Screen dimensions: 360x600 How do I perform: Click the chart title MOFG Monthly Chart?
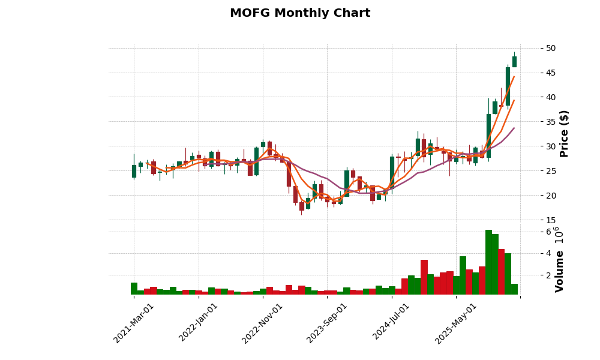(x=300, y=13)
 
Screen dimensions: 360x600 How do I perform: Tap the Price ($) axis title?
(x=564, y=133)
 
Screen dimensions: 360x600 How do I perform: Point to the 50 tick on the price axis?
(x=551, y=48)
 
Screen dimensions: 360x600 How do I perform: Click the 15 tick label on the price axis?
(x=551, y=220)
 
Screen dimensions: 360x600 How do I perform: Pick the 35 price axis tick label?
(x=551, y=122)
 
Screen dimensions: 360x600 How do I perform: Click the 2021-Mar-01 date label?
(x=134, y=323)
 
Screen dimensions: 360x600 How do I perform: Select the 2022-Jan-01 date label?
(x=199, y=323)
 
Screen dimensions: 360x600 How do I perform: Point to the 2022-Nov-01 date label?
(x=263, y=323)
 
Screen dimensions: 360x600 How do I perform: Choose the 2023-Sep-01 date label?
(x=328, y=323)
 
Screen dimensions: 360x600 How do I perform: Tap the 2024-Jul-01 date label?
(x=392, y=323)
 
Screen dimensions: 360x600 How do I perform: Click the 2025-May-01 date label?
(x=457, y=323)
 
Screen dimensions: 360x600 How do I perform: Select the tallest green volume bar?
(x=488, y=262)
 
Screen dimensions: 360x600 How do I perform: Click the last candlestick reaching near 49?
(x=514, y=61)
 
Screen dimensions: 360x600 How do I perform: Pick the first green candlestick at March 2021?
(x=134, y=171)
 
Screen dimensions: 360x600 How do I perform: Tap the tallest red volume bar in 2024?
(x=424, y=277)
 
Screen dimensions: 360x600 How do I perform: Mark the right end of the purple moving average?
(x=514, y=128)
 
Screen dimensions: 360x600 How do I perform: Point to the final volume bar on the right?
(x=514, y=289)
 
